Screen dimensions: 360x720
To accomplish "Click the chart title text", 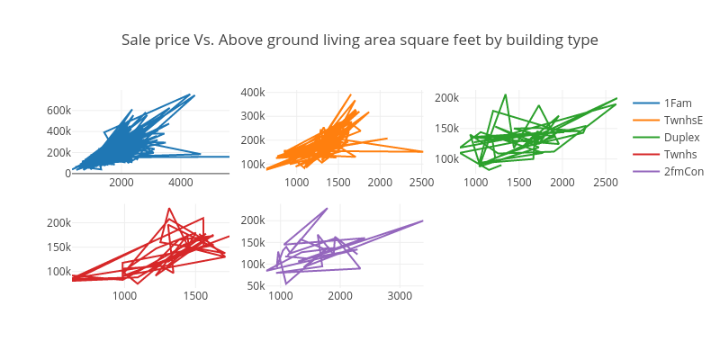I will point(360,40).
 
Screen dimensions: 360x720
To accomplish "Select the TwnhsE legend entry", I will point(683,120).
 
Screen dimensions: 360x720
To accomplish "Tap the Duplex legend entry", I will point(681,137).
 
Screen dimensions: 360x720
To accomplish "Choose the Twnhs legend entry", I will point(680,154).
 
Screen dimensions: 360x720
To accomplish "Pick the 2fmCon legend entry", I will point(684,171).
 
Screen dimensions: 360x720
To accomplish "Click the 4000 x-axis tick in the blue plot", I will point(180,183).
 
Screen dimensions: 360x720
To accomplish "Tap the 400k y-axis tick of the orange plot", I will point(252,92).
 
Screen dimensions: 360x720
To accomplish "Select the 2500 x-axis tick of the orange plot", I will point(421,183).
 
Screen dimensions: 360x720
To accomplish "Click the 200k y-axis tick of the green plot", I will point(446,97).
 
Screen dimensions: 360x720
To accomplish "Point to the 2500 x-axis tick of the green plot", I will point(606,183).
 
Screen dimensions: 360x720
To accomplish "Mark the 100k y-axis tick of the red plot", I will point(58,272).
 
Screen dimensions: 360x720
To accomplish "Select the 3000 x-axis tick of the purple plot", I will point(400,295).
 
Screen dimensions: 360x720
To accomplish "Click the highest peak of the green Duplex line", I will point(506,94).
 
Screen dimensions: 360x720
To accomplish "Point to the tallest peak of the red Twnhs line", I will point(169,209).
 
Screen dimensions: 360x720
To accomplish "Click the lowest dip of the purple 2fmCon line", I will point(287,284).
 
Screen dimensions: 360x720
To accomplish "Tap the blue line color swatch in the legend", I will point(644,103).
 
